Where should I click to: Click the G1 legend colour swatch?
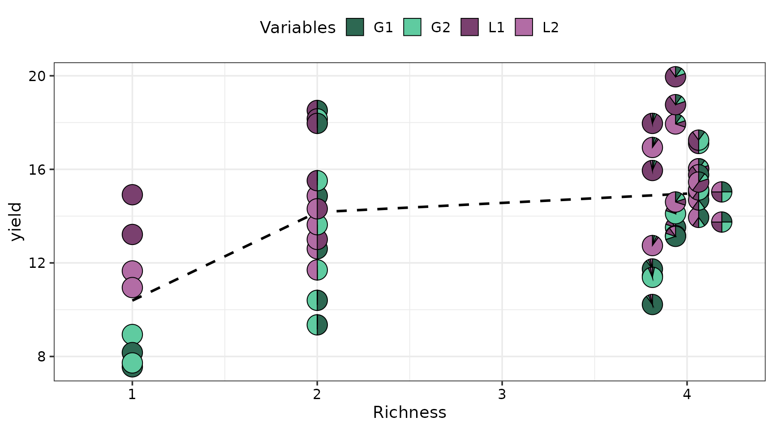coord(355,27)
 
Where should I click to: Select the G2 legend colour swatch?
coord(412,27)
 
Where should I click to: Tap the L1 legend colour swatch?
coord(470,27)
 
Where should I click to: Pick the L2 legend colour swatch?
coord(524,27)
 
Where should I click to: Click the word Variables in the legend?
coord(297,28)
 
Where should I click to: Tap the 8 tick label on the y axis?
coord(42,357)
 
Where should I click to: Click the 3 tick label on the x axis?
coord(502,395)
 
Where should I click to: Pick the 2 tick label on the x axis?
coord(317,395)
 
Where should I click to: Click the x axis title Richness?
coord(409,413)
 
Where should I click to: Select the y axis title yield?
coord(16,222)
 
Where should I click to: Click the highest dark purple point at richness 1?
coord(132,195)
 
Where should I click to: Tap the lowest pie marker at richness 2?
coord(317,325)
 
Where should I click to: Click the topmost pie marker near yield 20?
coord(675,77)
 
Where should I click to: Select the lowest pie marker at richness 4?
coord(652,305)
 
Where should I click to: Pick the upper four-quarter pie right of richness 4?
coord(722,192)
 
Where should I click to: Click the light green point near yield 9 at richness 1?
coord(132,335)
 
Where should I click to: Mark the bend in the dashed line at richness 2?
coord(317,211)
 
